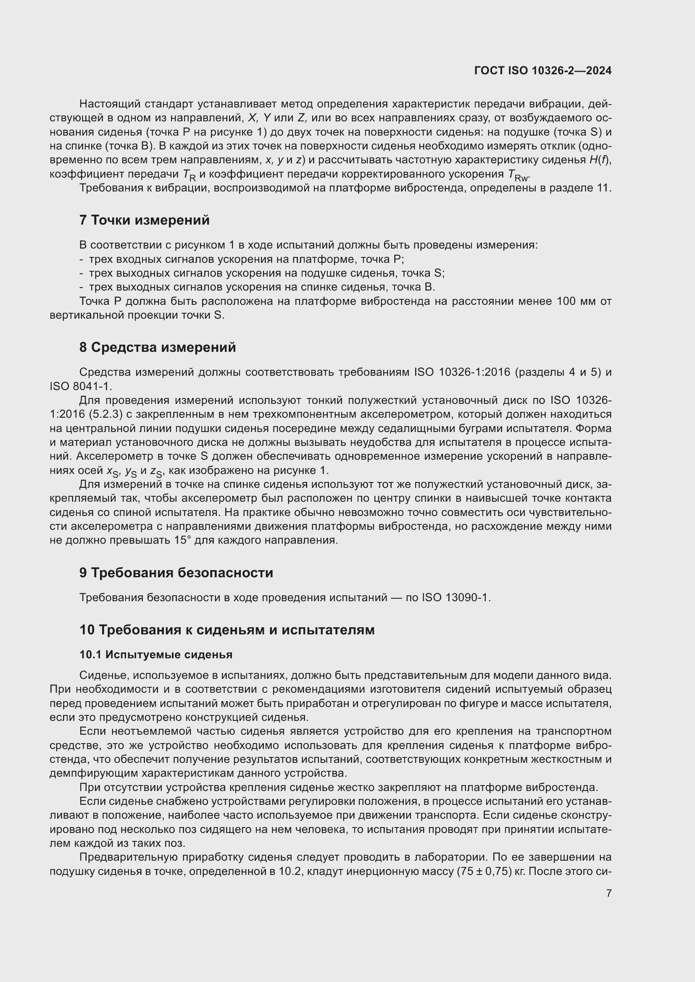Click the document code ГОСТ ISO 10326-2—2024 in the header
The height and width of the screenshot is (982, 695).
click(x=542, y=71)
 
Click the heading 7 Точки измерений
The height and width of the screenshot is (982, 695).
click(x=144, y=220)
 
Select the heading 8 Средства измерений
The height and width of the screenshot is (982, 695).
click(x=157, y=347)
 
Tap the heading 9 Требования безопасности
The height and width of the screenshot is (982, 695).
click(x=176, y=572)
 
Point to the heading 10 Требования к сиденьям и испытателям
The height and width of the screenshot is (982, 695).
click(x=227, y=630)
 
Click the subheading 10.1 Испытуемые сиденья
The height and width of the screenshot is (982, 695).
click(x=156, y=655)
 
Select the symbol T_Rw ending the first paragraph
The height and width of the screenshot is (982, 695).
click(x=518, y=175)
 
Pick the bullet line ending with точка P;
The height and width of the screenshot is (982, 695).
click(x=246, y=259)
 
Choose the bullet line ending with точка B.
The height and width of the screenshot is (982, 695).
click(x=261, y=287)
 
